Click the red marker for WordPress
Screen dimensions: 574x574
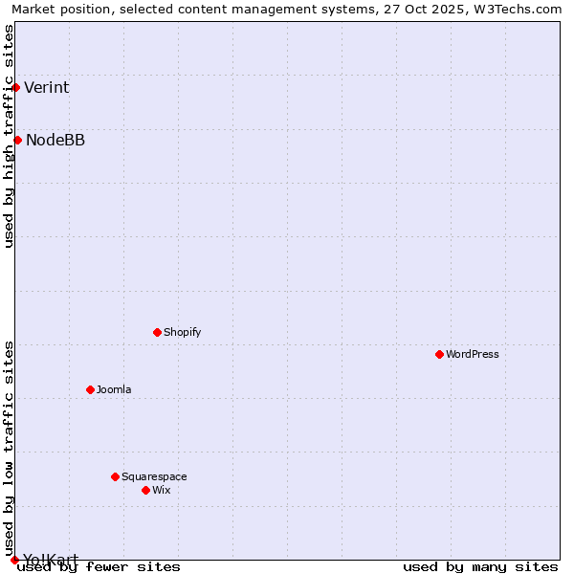[439, 354]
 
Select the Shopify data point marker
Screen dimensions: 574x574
[157, 332]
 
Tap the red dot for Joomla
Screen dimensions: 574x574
[90, 389]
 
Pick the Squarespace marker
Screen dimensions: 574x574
[115, 476]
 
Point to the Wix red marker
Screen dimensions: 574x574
[145, 490]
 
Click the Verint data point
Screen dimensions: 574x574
[15, 87]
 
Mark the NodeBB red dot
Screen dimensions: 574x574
[17, 141]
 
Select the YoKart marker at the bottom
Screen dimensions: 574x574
[14, 560]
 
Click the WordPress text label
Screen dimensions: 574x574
[473, 354]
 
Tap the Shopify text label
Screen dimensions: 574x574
[182, 332]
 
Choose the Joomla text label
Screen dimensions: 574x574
[114, 389]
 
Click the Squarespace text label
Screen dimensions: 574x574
[154, 476]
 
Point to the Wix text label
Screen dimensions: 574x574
[161, 490]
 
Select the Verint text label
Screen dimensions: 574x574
[46, 88]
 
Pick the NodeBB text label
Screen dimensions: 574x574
[55, 141]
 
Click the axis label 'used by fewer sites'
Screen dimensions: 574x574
[99, 566]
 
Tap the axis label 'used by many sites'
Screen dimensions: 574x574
[480, 566]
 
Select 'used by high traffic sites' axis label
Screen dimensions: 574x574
[10, 136]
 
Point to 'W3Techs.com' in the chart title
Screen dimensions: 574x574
[524, 10]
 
